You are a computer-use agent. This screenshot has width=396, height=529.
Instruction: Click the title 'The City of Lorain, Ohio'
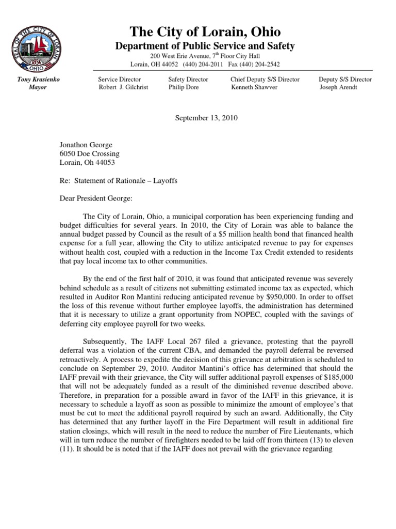[x=204, y=32]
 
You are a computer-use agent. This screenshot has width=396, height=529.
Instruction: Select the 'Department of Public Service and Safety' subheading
[x=204, y=46]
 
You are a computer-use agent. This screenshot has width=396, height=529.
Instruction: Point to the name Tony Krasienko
[x=32, y=80]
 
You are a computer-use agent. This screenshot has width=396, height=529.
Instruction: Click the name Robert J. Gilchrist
[x=123, y=87]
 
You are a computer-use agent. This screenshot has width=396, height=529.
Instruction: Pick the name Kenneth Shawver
[x=254, y=87]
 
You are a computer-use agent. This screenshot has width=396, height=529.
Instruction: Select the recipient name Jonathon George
[x=87, y=145]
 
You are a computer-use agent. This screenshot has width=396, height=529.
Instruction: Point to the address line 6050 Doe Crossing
[x=89, y=154]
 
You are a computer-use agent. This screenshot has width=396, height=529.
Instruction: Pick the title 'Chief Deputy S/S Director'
[x=265, y=80]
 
